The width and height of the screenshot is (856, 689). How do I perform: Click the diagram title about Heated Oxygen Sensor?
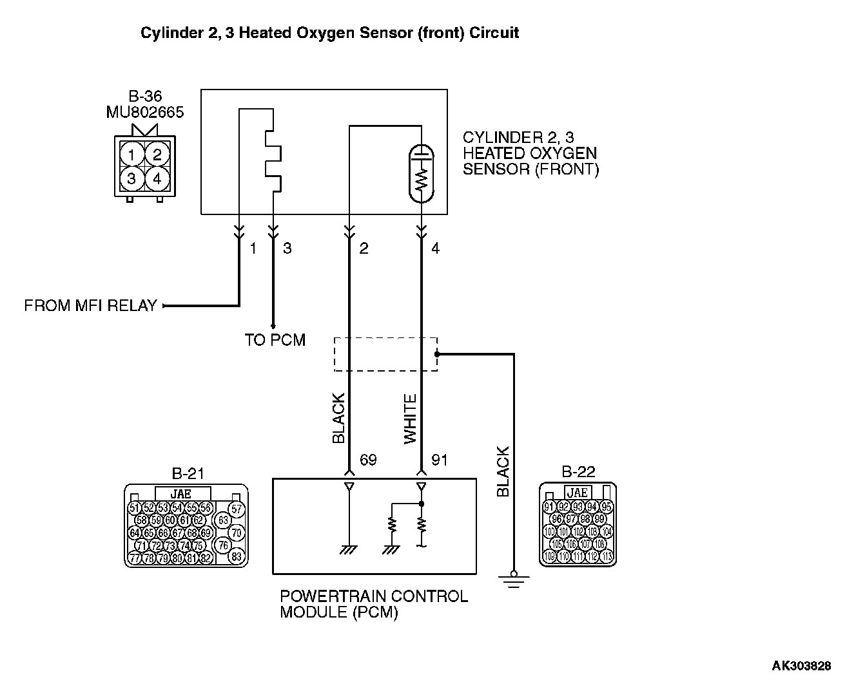click(x=329, y=33)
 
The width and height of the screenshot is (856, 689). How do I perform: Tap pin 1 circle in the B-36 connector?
click(x=131, y=155)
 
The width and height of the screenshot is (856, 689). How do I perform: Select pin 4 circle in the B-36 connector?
click(x=157, y=178)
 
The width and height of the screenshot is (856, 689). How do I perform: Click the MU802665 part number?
click(x=144, y=113)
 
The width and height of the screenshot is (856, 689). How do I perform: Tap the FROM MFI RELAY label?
click(x=90, y=306)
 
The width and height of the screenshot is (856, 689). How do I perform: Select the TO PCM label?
click(x=275, y=340)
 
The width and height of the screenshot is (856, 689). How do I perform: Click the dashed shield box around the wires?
click(x=385, y=354)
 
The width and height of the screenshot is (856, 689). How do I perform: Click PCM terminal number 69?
click(x=367, y=460)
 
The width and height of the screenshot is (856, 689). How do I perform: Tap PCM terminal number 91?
click(x=439, y=460)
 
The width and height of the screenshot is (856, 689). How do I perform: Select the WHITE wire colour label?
click(x=411, y=419)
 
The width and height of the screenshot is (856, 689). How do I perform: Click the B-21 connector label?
click(x=188, y=474)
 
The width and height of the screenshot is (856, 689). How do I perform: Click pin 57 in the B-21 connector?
click(x=237, y=509)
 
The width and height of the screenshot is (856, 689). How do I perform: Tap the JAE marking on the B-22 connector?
click(x=577, y=493)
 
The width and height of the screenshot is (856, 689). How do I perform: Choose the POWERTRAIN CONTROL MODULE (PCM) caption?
click(x=374, y=604)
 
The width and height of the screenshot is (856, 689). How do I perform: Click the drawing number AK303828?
click(x=801, y=666)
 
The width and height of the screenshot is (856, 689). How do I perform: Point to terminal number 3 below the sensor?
click(x=287, y=249)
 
